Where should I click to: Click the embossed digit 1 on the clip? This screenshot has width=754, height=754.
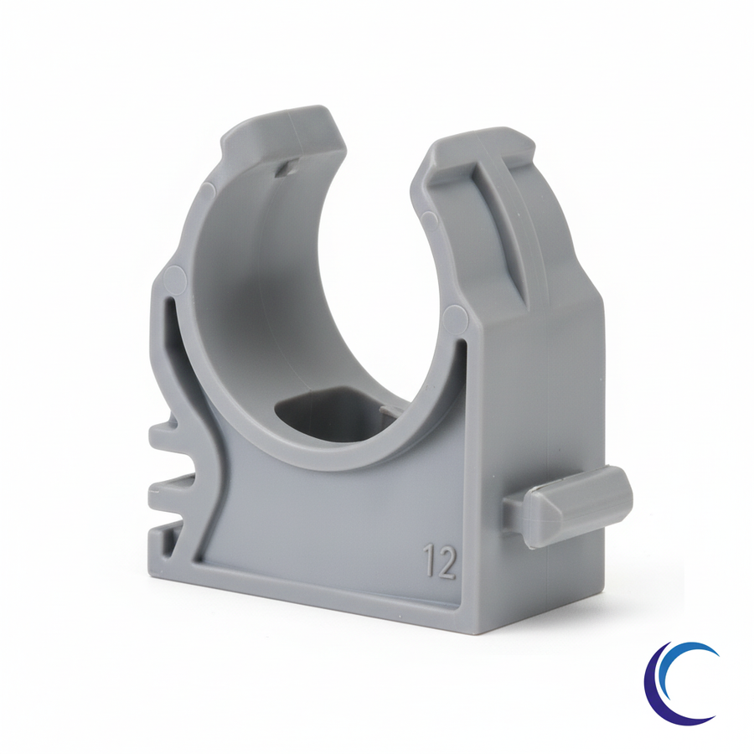click(x=428, y=561)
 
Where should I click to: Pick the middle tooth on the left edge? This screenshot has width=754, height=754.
click(x=171, y=490)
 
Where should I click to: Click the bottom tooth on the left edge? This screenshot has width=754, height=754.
click(x=166, y=535)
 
